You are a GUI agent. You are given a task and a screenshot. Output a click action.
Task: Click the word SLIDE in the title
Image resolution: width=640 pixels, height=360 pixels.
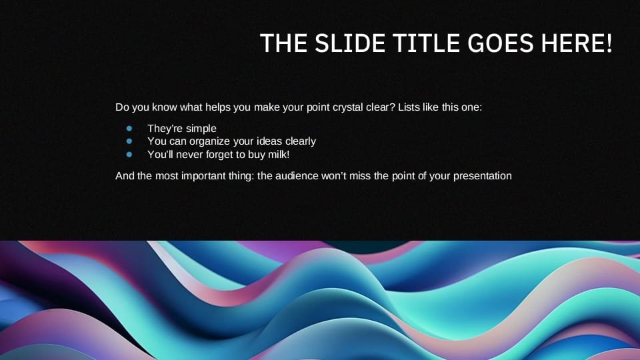[x=349, y=43]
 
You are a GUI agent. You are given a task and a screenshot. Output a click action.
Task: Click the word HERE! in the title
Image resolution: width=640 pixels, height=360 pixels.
[x=577, y=43]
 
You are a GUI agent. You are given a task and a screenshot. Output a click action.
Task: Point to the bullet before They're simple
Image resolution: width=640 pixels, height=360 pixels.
[x=129, y=129]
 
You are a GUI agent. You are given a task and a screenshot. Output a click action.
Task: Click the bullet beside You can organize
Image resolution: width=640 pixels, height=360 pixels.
[x=129, y=141]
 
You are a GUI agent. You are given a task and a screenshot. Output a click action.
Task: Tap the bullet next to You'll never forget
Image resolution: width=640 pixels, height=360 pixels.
[x=129, y=155]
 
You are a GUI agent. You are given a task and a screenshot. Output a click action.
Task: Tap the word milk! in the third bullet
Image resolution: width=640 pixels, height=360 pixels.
[x=279, y=154]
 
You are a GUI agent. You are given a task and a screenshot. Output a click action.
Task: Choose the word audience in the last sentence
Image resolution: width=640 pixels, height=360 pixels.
[x=297, y=176]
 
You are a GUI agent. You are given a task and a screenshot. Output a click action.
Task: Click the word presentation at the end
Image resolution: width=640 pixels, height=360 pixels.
[x=483, y=176]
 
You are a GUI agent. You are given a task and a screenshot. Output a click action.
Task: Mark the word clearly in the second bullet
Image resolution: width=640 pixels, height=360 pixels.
[x=301, y=141]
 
